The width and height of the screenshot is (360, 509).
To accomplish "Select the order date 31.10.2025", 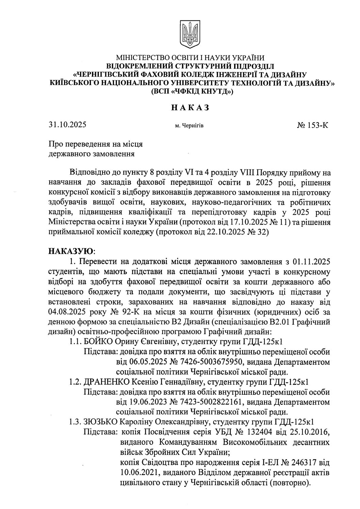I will click(67, 125).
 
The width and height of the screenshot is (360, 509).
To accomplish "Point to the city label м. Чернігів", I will click(190, 126).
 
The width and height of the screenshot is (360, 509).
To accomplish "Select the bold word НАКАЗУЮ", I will click(71, 252).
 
